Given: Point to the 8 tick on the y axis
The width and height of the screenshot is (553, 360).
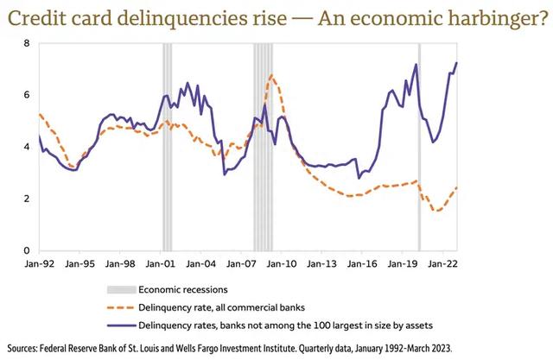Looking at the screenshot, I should pyautogui.click(x=28, y=43).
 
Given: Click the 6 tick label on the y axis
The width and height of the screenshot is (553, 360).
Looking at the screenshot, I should pyautogui.click(x=28, y=95).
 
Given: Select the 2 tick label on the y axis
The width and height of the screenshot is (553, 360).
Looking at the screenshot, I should pyautogui.click(x=28, y=199).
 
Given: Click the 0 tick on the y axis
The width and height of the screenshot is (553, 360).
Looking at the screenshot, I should pyautogui.click(x=28, y=250).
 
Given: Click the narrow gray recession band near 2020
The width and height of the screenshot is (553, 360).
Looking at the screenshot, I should pyautogui.click(x=419, y=147).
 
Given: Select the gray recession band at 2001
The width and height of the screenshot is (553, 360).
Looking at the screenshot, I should pyautogui.click(x=167, y=147).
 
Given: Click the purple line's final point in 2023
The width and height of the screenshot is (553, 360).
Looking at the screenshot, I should pyautogui.click(x=457, y=62).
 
